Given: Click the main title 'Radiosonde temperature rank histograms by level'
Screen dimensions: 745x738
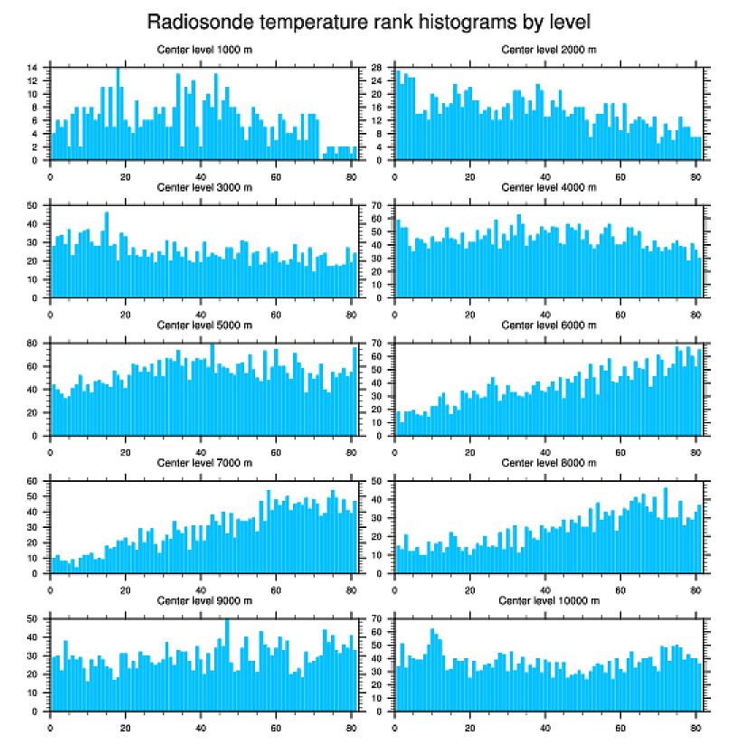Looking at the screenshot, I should [369, 21].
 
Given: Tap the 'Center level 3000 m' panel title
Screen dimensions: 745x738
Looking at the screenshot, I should [203, 187].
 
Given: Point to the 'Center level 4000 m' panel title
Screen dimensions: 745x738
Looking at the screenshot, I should [548, 187].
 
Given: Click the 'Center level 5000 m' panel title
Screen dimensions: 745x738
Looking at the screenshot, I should [203, 325].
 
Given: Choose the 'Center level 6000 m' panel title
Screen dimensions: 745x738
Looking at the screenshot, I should [548, 325].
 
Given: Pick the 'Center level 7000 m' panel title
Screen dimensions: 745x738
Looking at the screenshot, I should [203, 462].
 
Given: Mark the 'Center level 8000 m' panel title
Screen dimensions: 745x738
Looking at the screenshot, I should [548, 462].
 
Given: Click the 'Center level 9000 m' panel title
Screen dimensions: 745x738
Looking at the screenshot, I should [203, 600].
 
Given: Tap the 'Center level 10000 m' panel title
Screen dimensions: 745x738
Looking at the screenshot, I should [548, 600].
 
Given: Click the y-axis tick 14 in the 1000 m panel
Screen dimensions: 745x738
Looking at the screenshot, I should [32, 68].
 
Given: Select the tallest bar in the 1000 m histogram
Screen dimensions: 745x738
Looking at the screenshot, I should [118, 113].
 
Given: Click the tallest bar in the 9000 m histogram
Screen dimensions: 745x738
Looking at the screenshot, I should [227, 665].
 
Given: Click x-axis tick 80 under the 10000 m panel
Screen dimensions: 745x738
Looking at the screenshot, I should [695, 725].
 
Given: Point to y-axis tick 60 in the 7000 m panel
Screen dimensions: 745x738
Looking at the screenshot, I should [32, 481].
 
